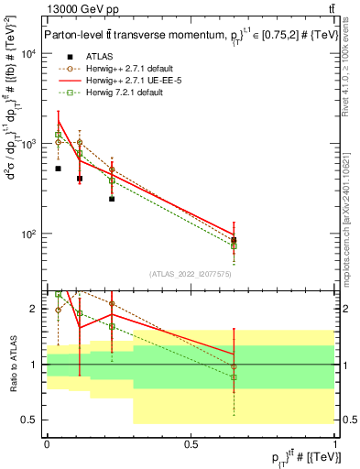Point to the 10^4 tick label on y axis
28,54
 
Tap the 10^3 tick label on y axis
28,144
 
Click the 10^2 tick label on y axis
28,234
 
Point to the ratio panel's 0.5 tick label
31,420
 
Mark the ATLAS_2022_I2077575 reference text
191,274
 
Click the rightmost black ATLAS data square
235,241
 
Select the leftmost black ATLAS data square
58,169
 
